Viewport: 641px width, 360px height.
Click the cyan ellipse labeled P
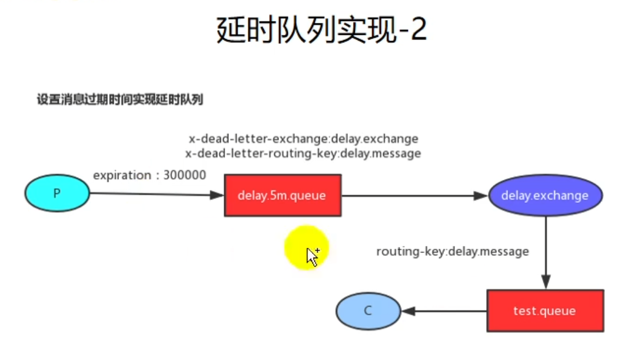click(x=57, y=192)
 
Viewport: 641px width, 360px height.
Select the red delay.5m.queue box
click(x=283, y=195)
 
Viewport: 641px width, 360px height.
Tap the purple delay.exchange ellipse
click(x=545, y=195)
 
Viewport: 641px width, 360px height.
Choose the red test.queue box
click(x=545, y=311)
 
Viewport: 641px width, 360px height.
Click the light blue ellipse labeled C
click(x=368, y=311)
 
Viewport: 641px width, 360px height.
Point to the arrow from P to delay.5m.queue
click(x=156, y=194)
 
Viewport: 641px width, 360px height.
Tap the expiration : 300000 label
click(x=150, y=175)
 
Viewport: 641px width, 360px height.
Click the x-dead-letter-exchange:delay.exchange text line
click(x=303, y=139)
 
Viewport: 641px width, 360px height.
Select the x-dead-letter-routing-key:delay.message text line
click(x=303, y=154)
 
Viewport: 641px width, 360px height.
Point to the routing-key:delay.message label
click(x=452, y=252)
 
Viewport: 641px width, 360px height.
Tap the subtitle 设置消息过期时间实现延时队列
click(x=119, y=100)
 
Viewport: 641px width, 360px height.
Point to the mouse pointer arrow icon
click(x=312, y=257)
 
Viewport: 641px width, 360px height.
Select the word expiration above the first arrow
click(x=122, y=175)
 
